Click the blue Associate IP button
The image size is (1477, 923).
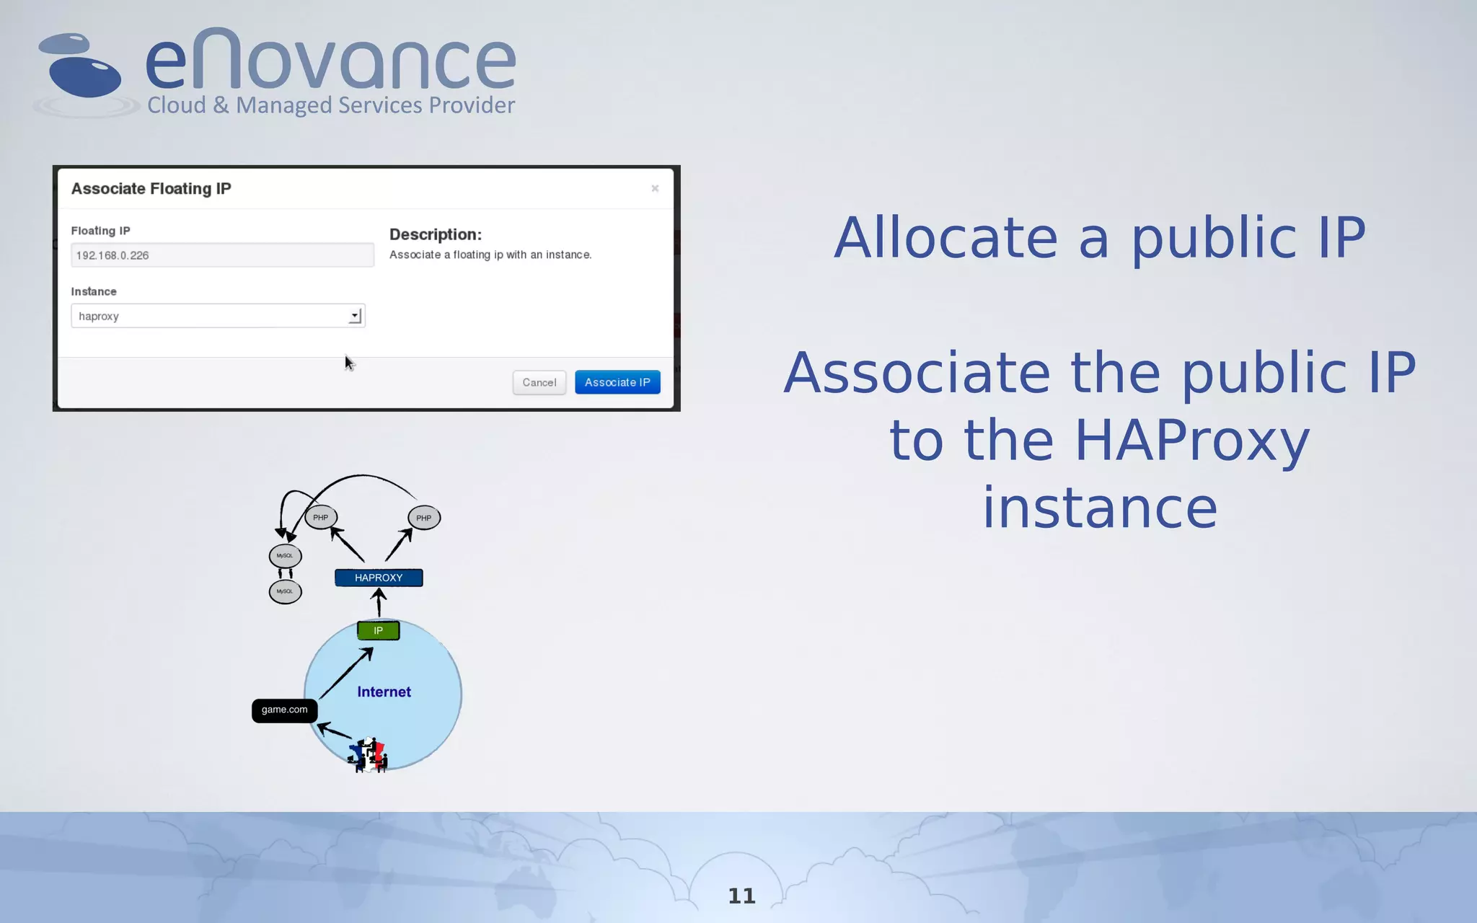tap(617, 382)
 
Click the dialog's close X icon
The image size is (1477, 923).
tap(655, 188)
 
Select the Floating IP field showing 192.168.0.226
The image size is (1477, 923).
tap(222, 255)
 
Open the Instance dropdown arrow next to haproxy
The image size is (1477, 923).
tap(355, 316)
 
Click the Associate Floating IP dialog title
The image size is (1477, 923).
tap(151, 188)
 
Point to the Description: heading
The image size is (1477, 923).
tap(435, 234)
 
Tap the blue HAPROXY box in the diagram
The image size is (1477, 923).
tap(379, 578)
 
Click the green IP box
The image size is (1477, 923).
tap(378, 630)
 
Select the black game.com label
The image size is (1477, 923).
tap(284, 710)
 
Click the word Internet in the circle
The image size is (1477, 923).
tap(384, 692)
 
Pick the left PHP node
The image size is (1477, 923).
tap(321, 517)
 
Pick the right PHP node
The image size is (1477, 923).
tap(423, 518)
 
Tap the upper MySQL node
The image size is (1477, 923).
tap(285, 555)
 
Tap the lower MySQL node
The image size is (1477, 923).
tap(285, 591)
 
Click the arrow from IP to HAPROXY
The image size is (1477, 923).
tap(379, 603)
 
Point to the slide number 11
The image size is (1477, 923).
tap(741, 896)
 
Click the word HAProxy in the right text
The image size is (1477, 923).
tap(1191, 440)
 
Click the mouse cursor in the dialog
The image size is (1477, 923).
tap(349, 363)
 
